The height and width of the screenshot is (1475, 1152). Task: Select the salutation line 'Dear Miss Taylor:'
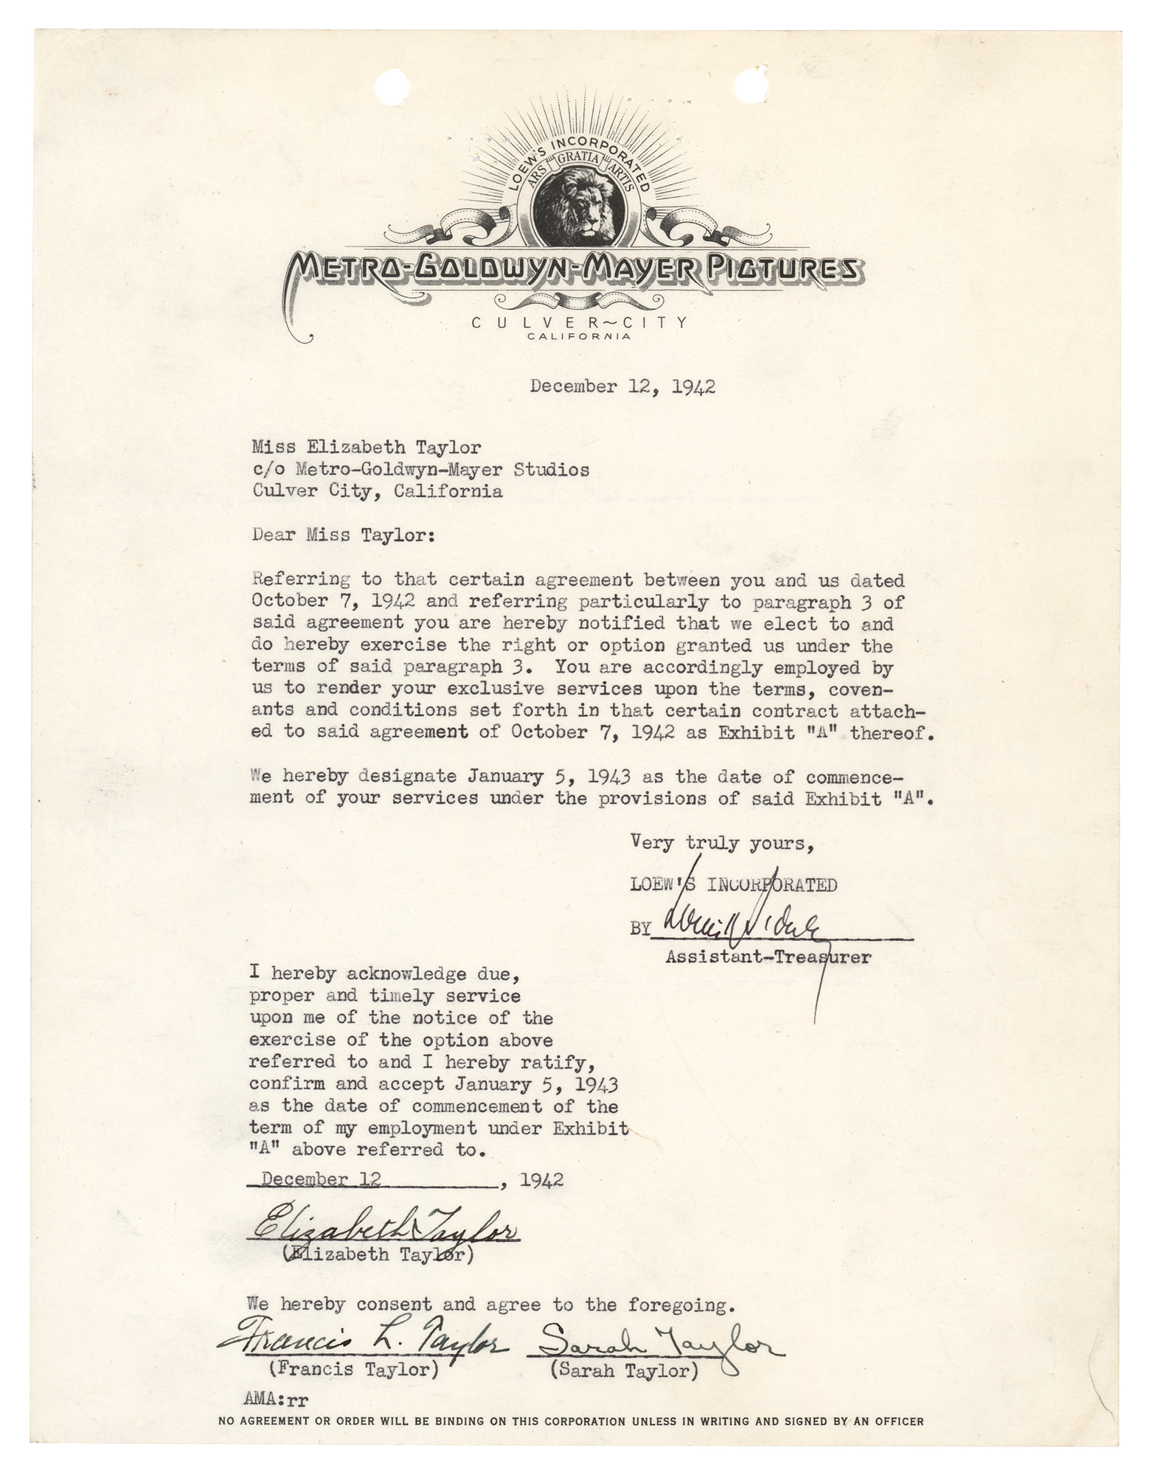[343, 535]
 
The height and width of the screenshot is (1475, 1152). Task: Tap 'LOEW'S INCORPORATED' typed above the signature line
[733, 884]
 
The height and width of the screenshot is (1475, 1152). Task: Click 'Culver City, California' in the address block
[377, 491]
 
